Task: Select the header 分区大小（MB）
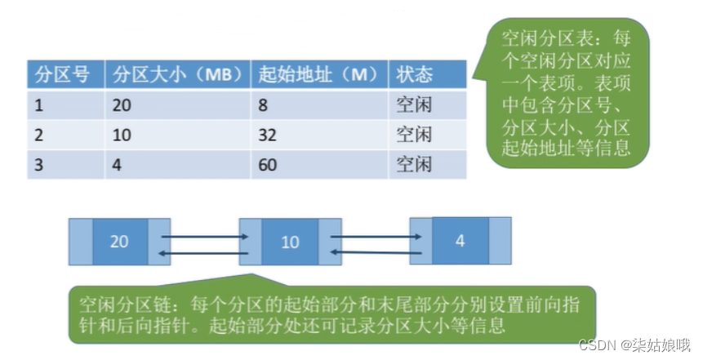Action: [176, 74]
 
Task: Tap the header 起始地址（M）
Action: [318, 74]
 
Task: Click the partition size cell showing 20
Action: [123, 104]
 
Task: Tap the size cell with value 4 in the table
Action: [118, 164]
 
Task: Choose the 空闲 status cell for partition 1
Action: [414, 104]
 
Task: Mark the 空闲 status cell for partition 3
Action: [414, 164]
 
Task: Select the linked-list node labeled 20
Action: [119, 242]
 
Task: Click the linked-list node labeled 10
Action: [289, 242]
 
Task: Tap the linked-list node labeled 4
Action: [460, 241]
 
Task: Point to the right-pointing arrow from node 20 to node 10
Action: [204, 237]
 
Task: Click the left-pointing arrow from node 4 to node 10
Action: [376, 253]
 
